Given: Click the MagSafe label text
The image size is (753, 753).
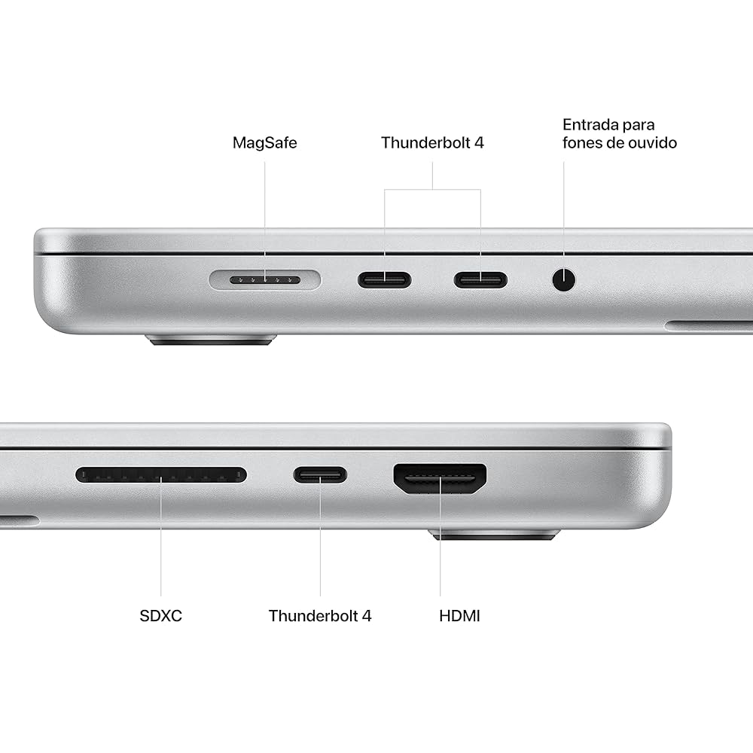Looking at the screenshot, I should tap(264, 142).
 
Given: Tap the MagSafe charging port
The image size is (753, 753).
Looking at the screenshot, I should tap(265, 280).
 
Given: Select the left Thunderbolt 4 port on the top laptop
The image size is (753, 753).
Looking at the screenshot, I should tap(384, 280).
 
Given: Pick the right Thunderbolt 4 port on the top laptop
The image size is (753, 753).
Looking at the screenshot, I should tap(480, 280).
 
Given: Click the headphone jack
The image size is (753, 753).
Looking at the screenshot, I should tap(563, 280).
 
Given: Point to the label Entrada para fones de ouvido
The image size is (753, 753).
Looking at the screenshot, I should tap(619, 133).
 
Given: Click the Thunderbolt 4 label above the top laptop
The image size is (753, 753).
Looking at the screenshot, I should tap(432, 142).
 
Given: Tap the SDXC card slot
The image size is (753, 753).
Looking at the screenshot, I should tap(161, 475).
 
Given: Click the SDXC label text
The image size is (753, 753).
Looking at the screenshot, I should tap(161, 616).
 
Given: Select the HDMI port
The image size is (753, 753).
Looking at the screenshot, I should tap(441, 478).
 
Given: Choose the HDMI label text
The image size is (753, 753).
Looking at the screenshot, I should tap(459, 616).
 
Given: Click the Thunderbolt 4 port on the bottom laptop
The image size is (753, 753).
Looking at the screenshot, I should tap(320, 474).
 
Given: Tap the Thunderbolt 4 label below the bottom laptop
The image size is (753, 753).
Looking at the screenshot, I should tap(320, 616).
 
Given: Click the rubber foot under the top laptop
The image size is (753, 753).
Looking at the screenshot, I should tap(212, 340).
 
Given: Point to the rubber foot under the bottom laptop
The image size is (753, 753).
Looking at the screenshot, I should tap(494, 535).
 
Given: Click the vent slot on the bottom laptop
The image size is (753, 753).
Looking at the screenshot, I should tap(19, 520).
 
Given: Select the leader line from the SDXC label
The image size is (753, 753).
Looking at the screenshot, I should tap(161, 550).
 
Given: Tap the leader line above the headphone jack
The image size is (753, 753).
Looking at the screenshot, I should tap(563, 211).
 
